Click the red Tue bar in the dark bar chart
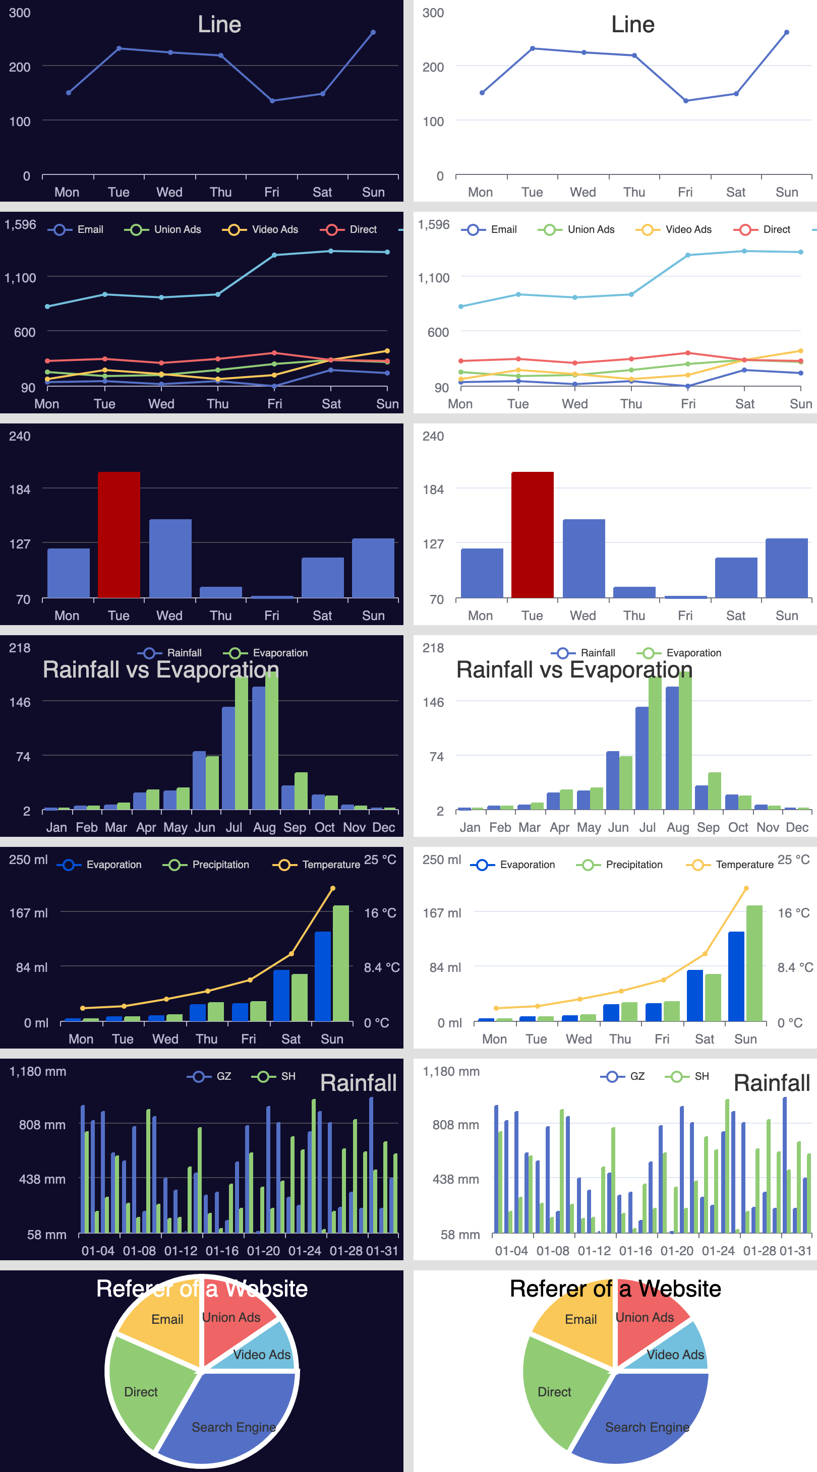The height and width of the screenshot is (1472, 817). [x=119, y=534]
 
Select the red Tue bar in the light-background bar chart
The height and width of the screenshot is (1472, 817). [x=532, y=534]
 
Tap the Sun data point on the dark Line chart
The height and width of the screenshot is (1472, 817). [x=373, y=33]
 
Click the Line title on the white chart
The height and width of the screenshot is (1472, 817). [x=632, y=25]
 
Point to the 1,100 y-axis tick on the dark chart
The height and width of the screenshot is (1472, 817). [x=20, y=278]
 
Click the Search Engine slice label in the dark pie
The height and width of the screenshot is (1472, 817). [x=234, y=1427]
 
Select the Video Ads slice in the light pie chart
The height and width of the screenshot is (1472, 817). [x=675, y=1355]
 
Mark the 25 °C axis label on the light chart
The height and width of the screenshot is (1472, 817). [x=794, y=860]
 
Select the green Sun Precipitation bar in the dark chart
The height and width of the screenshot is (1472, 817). [x=341, y=963]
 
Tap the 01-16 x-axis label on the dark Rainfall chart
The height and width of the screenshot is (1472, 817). [x=222, y=1251]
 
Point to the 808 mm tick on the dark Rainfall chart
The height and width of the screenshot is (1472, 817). [x=42, y=1125]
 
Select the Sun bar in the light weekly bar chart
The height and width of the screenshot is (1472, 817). [x=786, y=568]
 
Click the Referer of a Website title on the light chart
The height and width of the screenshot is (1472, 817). [x=615, y=1289]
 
